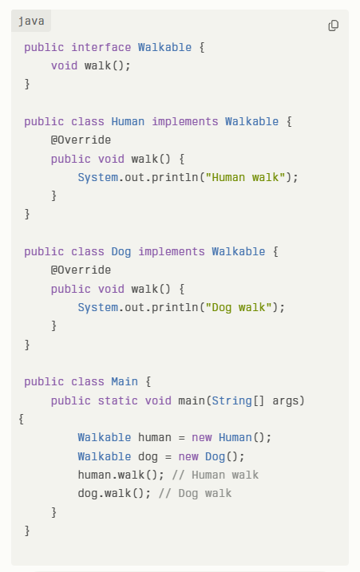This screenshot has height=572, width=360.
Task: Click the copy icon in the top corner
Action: point(334,26)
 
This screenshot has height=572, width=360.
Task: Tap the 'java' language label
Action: point(31,22)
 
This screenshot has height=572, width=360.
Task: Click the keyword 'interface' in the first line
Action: point(101,47)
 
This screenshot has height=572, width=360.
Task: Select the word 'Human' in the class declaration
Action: point(128,121)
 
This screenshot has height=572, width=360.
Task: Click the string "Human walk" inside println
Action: point(245,177)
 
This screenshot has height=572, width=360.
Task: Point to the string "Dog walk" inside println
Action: point(239,307)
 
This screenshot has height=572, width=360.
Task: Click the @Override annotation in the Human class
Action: point(81,140)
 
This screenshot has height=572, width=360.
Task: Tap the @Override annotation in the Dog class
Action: point(81,270)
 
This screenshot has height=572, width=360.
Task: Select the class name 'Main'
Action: point(125,381)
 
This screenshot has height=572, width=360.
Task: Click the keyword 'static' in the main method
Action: point(117,400)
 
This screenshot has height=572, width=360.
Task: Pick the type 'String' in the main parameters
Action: point(231,400)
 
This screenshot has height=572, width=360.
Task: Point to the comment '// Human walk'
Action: point(215,475)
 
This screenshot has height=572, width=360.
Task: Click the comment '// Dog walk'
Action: point(195,493)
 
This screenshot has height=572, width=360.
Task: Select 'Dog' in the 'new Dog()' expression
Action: point(215,456)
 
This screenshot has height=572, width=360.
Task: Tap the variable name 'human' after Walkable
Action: point(154,437)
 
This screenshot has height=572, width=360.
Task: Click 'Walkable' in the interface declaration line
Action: point(164,47)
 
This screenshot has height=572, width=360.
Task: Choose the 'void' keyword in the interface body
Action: point(65,65)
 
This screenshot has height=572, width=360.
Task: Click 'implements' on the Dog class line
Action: point(172,251)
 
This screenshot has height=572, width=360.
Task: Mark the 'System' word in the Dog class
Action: point(98,307)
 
